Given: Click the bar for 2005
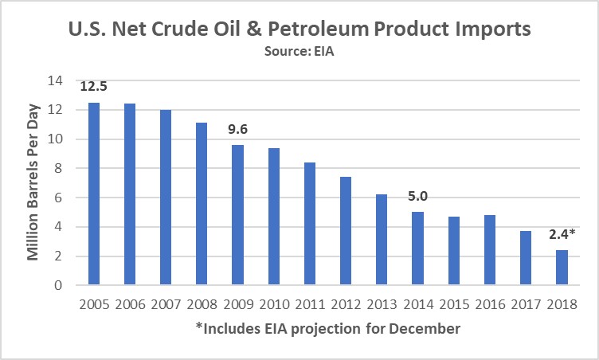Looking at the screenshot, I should point(93,194).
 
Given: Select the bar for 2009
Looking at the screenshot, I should point(237,215).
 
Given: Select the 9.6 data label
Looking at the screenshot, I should point(237,129).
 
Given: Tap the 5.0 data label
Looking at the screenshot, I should point(416,196).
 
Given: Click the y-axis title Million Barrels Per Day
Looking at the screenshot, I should point(35,183).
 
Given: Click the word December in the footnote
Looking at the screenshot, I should point(428,328).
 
